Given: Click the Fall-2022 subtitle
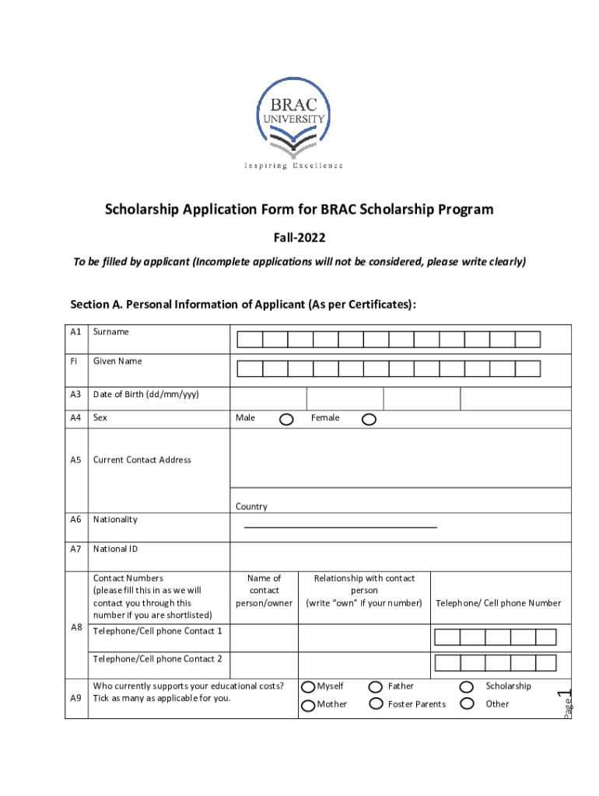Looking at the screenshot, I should coord(299,236).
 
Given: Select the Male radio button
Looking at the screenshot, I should coord(286,420).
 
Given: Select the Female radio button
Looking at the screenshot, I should coord(369,420).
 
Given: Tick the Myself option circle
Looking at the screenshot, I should coord(308,687).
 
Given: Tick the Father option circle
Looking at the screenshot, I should coord(375,687).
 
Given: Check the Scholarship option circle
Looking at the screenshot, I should coord(467,687).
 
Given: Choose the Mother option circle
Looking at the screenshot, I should coord(308,704).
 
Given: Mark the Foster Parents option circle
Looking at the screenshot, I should coord(375,704).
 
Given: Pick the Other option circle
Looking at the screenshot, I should coord(467,704).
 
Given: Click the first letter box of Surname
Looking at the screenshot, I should coord(250,340).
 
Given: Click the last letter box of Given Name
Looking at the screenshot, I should coord(527,368).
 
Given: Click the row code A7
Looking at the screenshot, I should coord(75,550).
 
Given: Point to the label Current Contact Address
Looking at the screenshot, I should coord(142,460).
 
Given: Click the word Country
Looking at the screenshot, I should coord(251,507).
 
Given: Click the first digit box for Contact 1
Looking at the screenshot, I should coord(447,637).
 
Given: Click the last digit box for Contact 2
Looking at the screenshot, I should coord(546,663).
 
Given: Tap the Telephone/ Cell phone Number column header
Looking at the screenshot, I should coord(498,603).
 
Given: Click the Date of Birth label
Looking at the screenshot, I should coord(145,395).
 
